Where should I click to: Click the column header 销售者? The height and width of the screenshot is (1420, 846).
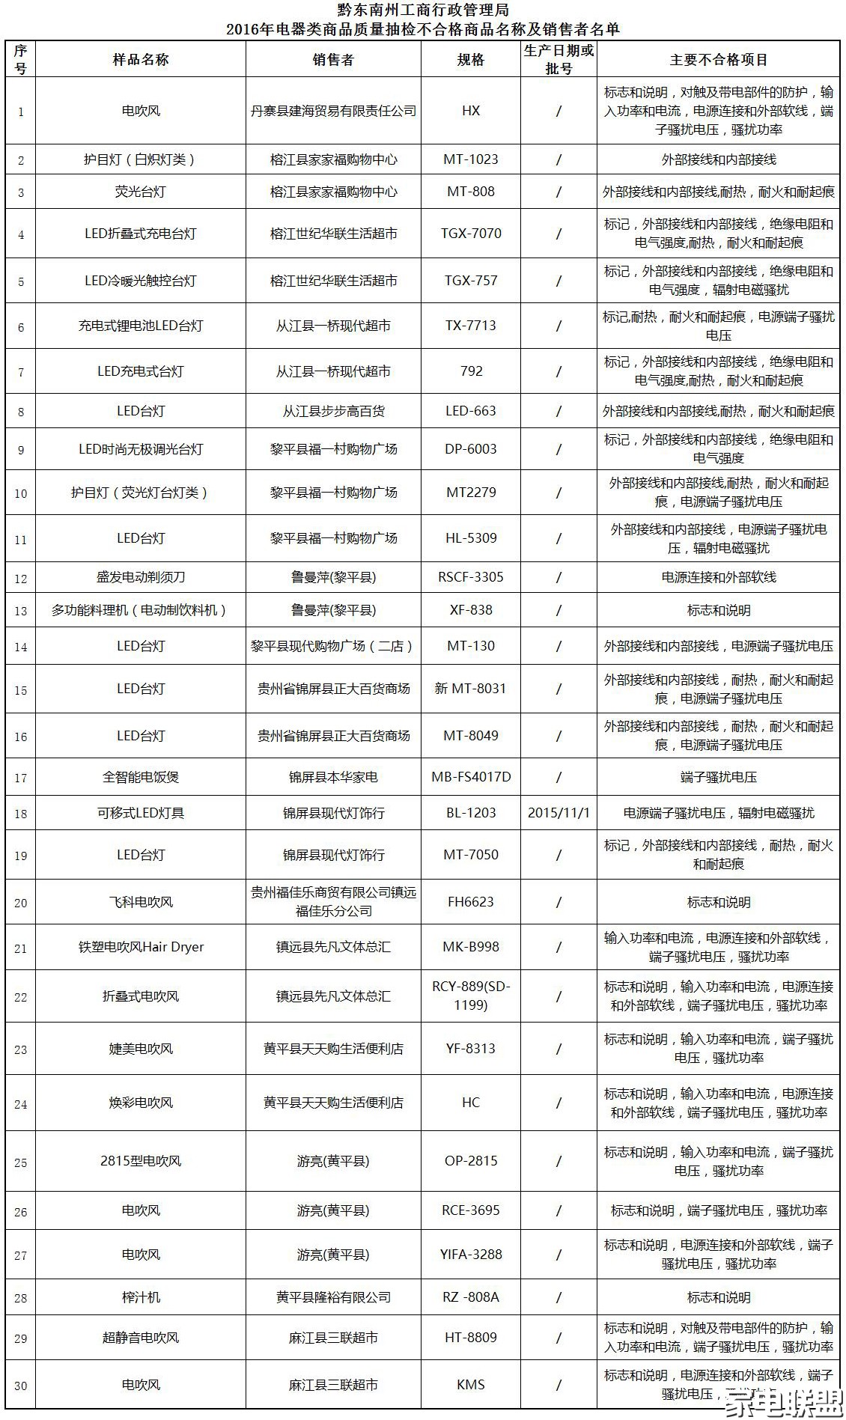333,60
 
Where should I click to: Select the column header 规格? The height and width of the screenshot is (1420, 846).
471,60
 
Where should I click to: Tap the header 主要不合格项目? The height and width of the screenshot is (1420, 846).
719,60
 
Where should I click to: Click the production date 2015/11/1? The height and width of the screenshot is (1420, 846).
559,813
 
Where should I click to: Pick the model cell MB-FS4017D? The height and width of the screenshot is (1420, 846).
471,777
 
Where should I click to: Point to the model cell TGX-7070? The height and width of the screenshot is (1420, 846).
471,234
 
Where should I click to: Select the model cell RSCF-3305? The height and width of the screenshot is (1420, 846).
471,577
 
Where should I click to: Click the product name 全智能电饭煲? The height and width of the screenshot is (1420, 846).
141,777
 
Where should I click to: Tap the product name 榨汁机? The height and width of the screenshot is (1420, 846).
141,1297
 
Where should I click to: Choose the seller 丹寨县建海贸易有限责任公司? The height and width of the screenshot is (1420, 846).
333,111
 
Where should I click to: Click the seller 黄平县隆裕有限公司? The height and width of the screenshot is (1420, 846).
333,1297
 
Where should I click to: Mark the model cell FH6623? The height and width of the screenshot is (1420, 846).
471,902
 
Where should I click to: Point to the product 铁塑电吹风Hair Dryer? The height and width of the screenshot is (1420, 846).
141,947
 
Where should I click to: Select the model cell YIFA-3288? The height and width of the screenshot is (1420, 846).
471,1254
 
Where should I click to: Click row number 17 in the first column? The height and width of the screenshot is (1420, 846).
21,778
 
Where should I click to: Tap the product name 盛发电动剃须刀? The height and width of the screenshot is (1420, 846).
141,577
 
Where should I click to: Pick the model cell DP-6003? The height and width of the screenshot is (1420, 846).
471,449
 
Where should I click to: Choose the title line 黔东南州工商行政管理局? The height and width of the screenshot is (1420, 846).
423,10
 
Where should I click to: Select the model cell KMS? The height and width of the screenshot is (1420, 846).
471,1385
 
